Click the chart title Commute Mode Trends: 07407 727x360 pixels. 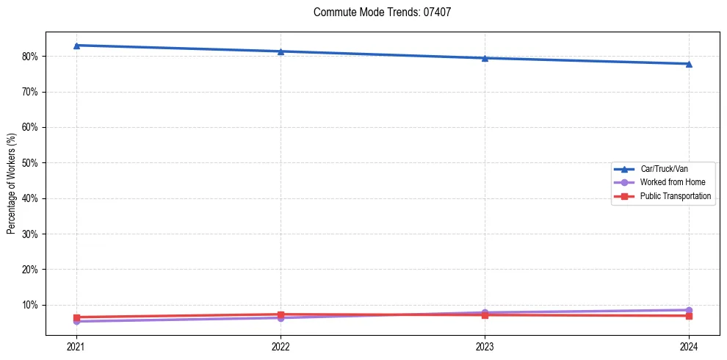pyautogui.click(x=382, y=12)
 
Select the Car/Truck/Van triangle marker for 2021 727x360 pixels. pyautogui.click(x=76, y=46)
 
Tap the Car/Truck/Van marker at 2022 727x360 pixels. pyautogui.click(x=281, y=51)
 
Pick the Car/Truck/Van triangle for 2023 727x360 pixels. pyautogui.click(x=485, y=58)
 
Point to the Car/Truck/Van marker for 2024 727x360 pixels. pyautogui.click(x=689, y=64)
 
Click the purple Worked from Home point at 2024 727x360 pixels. pyautogui.click(x=689, y=310)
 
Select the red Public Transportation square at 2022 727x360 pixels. pyautogui.click(x=281, y=314)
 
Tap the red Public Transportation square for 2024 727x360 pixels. pyautogui.click(x=689, y=316)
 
